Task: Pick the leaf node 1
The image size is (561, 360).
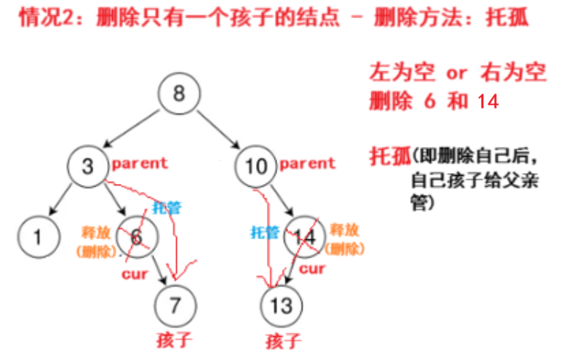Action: pyautogui.click(x=37, y=236)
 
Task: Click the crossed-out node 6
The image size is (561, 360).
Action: pyautogui.click(x=135, y=236)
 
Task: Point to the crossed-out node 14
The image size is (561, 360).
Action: pyautogui.click(x=303, y=236)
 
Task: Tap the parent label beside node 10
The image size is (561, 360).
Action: pyautogui.click(x=307, y=164)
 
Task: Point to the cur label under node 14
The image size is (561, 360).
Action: pyautogui.click(x=314, y=269)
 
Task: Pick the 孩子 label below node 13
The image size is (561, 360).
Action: pyautogui.click(x=282, y=340)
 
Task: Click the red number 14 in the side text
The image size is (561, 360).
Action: pyautogui.click(x=488, y=102)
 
